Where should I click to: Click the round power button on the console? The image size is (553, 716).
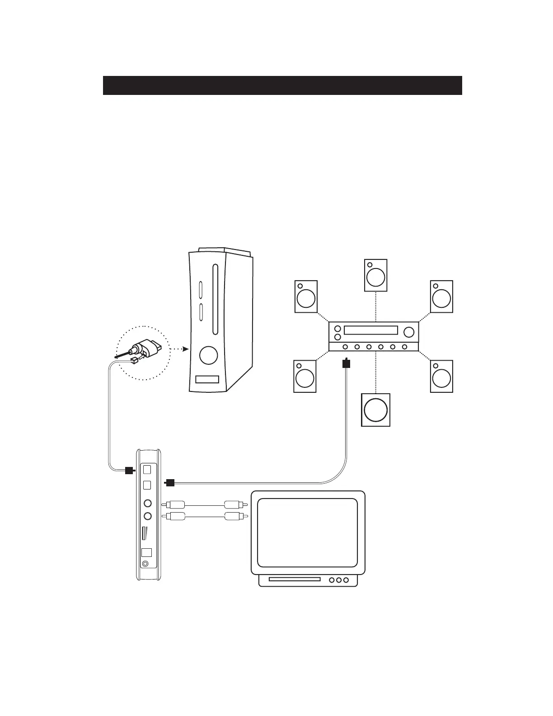pos(208,355)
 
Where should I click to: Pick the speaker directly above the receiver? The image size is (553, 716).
pos(375,275)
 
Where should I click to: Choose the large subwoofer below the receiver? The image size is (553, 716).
pos(375,410)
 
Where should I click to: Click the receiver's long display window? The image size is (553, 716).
pos(370,330)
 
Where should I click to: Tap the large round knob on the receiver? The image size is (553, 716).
pos(408,332)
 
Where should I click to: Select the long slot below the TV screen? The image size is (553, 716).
pos(295,579)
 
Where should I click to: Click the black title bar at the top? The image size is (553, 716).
pos(282,85)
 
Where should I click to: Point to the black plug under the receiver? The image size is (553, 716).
pos(346,363)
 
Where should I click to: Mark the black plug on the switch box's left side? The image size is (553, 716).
pos(128,470)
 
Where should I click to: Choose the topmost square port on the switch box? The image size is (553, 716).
pos(147,469)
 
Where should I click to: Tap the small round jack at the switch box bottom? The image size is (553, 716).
pos(145,564)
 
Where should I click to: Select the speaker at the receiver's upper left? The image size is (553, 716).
pos(306,297)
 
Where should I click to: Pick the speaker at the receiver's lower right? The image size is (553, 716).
pos(441,376)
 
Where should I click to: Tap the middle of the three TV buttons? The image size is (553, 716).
pos(339,580)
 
